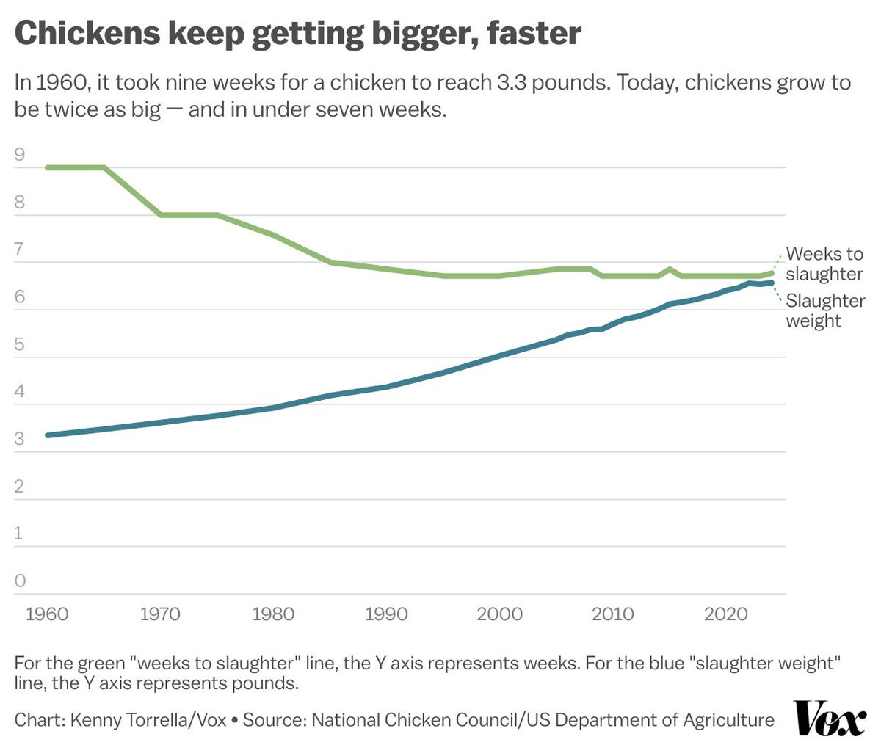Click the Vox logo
(829, 719)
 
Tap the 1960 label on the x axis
(47, 614)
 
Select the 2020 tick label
(726, 614)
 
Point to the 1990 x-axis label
(387, 614)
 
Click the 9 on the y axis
(20, 154)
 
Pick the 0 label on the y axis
(20, 581)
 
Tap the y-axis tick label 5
(20, 344)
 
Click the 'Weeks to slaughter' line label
(824, 263)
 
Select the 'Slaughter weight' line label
(825, 310)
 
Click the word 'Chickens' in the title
(87, 33)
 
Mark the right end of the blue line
(771, 283)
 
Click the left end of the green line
(47, 167)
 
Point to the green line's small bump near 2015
(669, 269)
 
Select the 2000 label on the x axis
(499, 614)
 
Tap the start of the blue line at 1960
(47, 435)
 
